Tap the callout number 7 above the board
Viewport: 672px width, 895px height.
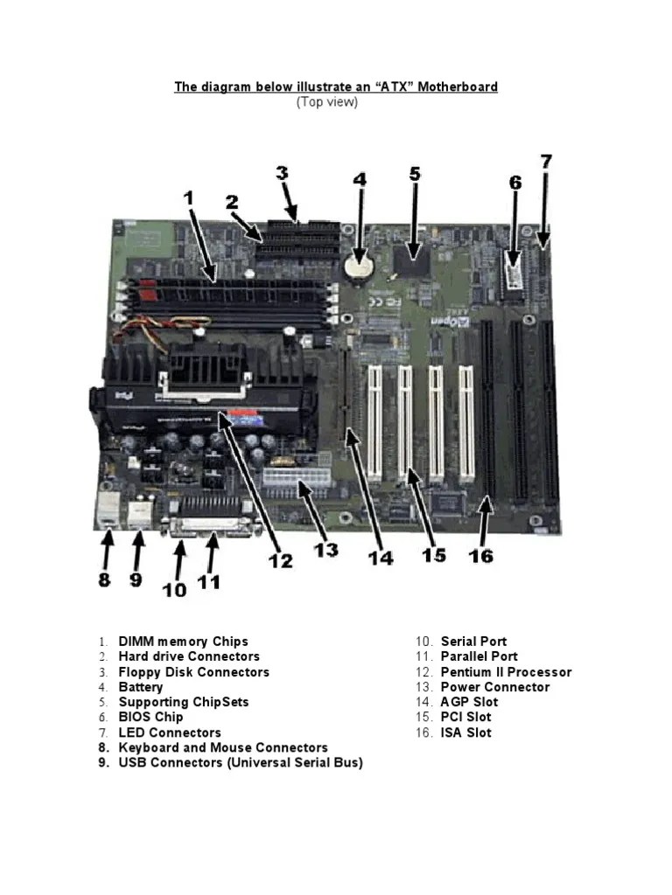click(546, 162)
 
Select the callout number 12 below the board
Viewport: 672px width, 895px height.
click(281, 560)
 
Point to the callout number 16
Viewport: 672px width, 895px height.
click(480, 555)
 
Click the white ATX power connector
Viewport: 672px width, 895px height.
click(297, 478)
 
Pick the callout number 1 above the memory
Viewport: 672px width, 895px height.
click(189, 198)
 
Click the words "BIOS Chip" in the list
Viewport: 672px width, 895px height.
click(150, 717)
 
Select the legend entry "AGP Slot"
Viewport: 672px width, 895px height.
click(469, 702)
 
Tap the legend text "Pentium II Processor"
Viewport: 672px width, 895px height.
click(506, 672)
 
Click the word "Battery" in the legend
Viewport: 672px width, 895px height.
click(141, 687)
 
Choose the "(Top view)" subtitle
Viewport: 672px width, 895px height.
click(327, 102)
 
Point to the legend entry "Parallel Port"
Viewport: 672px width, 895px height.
click(479, 656)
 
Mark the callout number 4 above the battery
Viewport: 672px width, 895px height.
click(360, 179)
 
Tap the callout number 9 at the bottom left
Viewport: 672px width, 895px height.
click(136, 580)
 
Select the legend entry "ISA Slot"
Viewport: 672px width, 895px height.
click(465, 732)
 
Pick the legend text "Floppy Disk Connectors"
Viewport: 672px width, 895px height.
click(193, 672)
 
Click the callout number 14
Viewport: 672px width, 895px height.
click(381, 558)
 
